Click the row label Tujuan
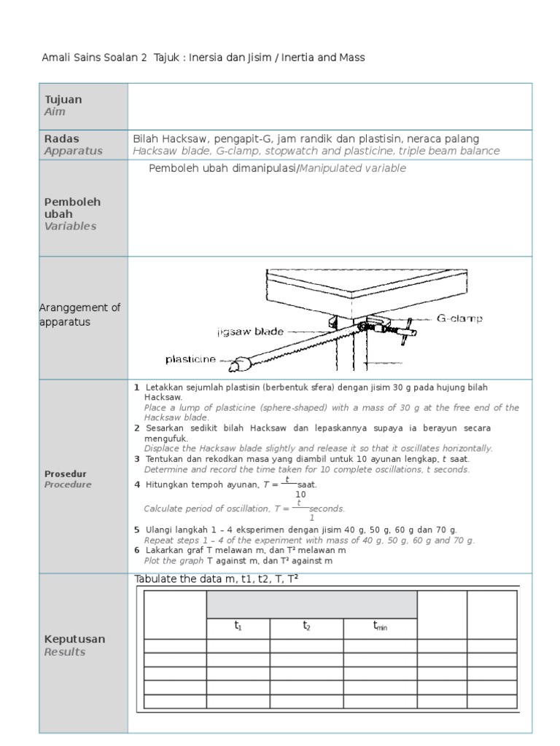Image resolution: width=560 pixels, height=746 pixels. [63, 99]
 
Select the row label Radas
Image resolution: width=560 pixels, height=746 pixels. [62, 138]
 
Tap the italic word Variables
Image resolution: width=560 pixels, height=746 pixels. [70, 226]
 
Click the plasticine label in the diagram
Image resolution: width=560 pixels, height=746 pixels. [191, 359]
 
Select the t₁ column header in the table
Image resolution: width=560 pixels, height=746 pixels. [238, 627]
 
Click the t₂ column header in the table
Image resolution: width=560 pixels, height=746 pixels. [306, 627]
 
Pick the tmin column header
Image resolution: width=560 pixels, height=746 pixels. [380, 627]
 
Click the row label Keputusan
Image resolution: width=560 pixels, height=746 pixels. [75, 639]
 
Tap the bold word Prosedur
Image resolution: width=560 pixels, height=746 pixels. [65, 473]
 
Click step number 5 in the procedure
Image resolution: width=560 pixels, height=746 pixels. [136, 530]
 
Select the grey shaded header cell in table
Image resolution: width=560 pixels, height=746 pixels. [311, 605]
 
